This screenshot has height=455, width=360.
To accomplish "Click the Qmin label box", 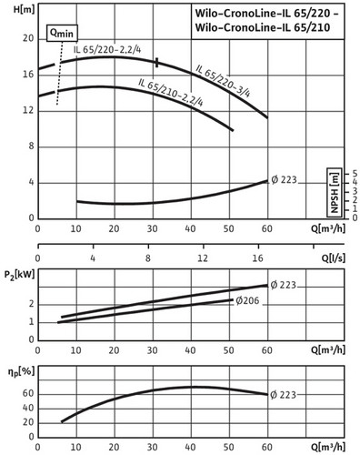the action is click(x=62, y=33).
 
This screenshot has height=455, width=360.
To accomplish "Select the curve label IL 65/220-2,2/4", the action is click(x=107, y=49).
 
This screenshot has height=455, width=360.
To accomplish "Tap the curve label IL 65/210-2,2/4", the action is click(x=171, y=92).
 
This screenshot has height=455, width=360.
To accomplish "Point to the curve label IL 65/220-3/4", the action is click(x=223, y=81).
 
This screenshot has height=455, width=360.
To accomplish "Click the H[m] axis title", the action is click(x=24, y=9).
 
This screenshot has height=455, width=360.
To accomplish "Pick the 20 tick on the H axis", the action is click(x=28, y=39).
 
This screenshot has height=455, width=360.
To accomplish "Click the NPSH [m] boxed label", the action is click(x=335, y=193).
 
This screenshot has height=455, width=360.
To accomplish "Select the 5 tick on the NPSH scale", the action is click(x=355, y=174).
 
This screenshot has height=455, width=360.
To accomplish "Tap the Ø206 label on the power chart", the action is click(x=247, y=300).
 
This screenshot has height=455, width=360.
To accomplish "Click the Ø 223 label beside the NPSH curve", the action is click(x=284, y=180).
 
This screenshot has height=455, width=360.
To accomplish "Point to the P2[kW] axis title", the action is click(x=19, y=275).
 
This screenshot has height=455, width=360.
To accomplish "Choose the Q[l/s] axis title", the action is click(x=333, y=258).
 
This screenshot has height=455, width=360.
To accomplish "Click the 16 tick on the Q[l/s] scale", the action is click(x=257, y=258).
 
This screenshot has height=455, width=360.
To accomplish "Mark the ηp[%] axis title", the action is click(x=21, y=371).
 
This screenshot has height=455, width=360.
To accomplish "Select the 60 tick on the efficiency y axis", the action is click(x=28, y=394).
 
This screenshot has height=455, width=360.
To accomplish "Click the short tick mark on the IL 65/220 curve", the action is click(x=156, y=63).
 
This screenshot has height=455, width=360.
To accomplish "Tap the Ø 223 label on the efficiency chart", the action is click(x=283, y=395).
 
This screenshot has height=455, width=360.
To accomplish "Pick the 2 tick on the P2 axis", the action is click(x=32, y=304).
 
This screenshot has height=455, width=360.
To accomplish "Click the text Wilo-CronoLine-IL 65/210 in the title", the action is click(x=263, y=27).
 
